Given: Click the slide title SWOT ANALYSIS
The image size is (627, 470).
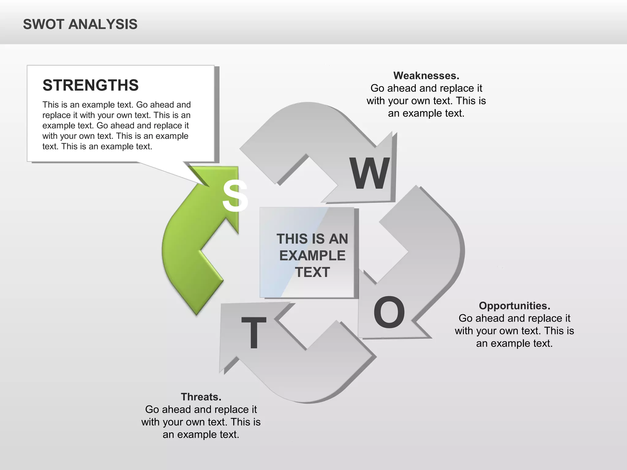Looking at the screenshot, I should pyautogui.click(x=80, y=24).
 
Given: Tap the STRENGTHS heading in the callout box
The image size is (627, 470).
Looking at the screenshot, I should pyautogui.click(x=90, y=85).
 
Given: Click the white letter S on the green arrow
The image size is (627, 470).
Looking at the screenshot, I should pyautogui.click(x=235, y=196).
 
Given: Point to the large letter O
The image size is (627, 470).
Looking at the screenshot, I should pyautogui.click(x=389, y=312).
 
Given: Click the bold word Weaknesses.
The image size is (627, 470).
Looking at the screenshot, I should pyautogui.click(x=426, y=76).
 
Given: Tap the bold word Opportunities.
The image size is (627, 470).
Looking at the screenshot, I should pyautogui.click(x=514, y=306).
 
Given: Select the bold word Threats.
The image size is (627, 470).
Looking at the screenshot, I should pyautogui.click(x=201, y=397).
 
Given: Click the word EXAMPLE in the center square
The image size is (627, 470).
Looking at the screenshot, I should pyautogui.click(x=312, y=256).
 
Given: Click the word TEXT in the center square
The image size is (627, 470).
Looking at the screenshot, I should pyautogui.click(x=312, y=272).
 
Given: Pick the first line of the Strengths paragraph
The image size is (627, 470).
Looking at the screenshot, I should pyautogui.click(x=116, y=105).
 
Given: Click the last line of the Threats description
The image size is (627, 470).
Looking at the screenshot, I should pyautogui.click(x=201, y=435).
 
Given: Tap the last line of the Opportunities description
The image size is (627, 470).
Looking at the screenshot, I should pyautogui.click(x=514, y=343).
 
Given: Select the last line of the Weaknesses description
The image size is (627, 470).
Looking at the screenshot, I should pyautogui.click(x=426, y=113).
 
